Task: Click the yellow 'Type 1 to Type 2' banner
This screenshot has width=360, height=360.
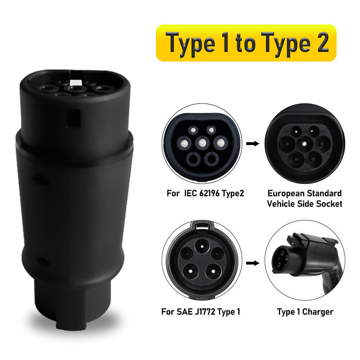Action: click(246, 43)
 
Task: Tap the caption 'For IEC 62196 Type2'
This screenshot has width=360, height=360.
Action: click(205, 193)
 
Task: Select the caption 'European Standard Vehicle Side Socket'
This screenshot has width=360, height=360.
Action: click(304, 198)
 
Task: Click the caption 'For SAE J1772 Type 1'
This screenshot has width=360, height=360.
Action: click(201, 311)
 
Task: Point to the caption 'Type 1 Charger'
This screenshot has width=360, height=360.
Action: click(305, 311)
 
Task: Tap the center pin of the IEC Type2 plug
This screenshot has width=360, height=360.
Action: click(202, 143)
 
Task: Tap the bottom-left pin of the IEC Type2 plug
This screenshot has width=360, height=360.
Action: click(194, 158)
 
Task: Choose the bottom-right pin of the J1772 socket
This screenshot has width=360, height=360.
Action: click(212, 271)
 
